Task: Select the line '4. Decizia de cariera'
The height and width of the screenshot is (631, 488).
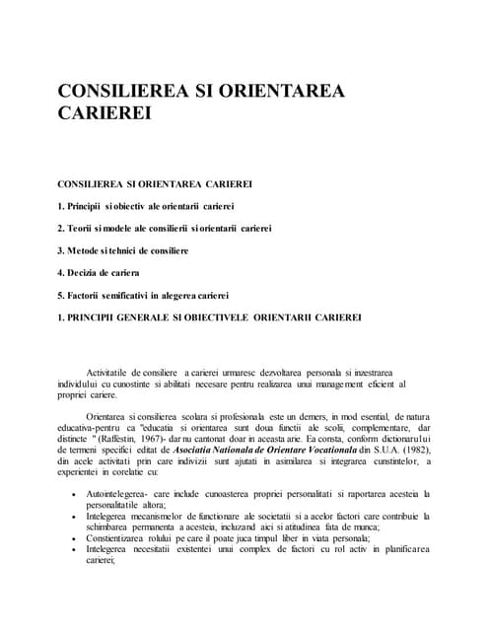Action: point(99,272)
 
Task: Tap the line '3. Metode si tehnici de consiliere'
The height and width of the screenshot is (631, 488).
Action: point(122,250)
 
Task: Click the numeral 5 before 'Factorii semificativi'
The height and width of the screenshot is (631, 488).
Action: point(61,295)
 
